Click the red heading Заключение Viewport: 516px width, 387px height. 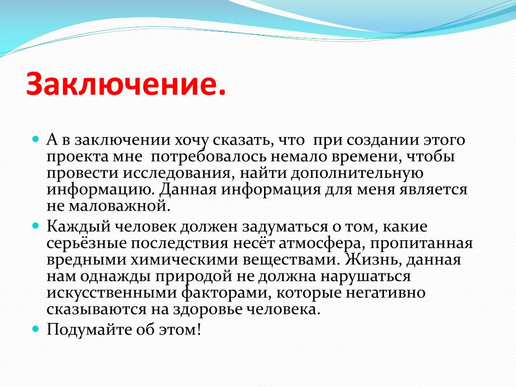click(126, 83)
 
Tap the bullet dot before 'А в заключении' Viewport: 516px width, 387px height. click(36, 139)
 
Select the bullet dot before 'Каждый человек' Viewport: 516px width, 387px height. click(36, 226)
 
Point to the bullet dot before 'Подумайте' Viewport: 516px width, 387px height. click(36, 329)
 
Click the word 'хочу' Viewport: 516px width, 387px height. click(191, 141)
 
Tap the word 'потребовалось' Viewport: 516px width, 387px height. click(209, 156)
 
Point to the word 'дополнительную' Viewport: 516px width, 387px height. click(357, 173)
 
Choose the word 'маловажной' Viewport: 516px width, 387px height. click(119, 206)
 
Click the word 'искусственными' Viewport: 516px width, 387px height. click(112, 293)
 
